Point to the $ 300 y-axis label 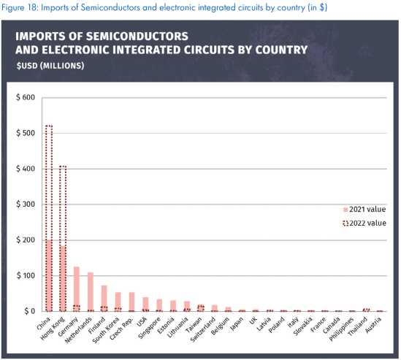[25, 204]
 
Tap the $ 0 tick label [28, 311]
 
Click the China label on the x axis [43, 323]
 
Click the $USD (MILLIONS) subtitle [50, 66]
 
